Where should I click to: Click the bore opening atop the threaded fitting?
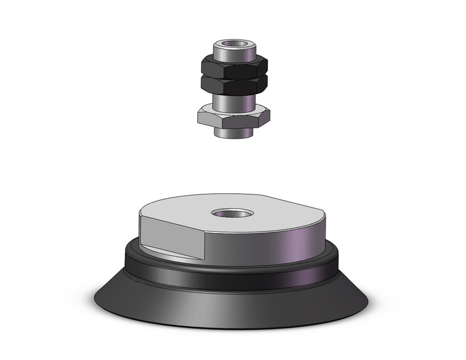(233, 44)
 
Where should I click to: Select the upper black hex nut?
(233, 67)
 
